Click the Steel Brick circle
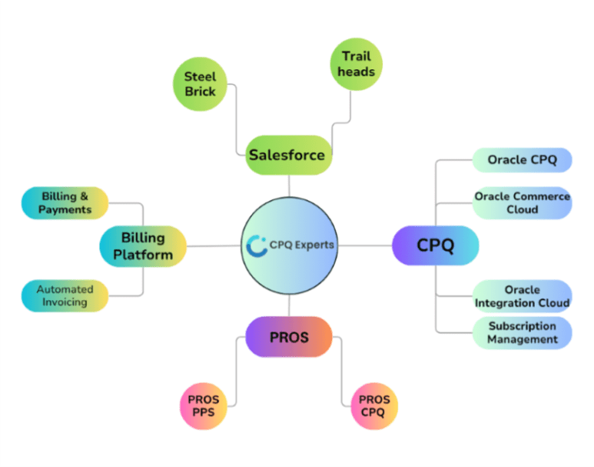pos(200,84)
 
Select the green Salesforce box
pos(288,155)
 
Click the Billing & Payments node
pos(65,203)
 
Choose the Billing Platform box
pos(143,245)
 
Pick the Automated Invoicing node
pos(65,295)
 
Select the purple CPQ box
pos(435,245)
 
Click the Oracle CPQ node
pos(522,160)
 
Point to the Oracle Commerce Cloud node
pos(522,203)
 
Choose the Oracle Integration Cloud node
pos(522,296)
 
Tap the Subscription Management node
pos(522,332)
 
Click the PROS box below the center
pos(289,337)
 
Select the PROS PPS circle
pos(204,405)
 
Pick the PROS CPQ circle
pos(374,405)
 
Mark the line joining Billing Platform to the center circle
pos(214,246)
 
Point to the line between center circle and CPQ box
pos(364,245)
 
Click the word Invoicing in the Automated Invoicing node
pos(65,302)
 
